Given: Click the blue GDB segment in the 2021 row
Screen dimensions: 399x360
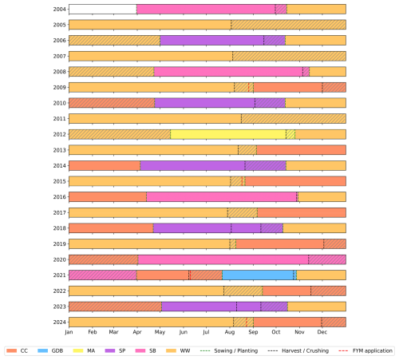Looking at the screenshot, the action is click(x=258, y=275).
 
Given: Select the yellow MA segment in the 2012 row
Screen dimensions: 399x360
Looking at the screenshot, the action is click(x=228, y=134).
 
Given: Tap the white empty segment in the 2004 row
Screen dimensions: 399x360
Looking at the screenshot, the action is click(x=103, y=9).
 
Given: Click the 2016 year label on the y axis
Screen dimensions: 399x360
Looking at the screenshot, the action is click(x=59, y=197).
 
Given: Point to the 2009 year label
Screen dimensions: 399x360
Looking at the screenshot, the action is click(x=59, y=87).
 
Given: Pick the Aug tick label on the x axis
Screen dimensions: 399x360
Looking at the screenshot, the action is click(x=230, y=332).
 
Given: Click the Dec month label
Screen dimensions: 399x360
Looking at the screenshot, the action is click(x=322, y=332).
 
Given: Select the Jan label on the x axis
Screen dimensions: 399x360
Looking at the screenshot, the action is click(x=69, y=332).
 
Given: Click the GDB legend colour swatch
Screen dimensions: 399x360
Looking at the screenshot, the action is click(x=43, y=350).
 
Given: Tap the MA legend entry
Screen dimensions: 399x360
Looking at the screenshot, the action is click(x=84, y=350).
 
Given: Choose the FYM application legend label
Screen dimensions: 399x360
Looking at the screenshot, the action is click(x=373, y=350).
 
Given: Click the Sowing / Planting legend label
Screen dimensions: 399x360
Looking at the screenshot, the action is click(x=236, y=350).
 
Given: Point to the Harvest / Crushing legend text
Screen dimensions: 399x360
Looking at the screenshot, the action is click(x=305, y=350).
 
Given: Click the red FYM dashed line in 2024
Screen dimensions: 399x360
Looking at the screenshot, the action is click(x=247, y=322).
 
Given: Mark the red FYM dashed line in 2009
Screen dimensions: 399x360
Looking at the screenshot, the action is click(x=249, y=87).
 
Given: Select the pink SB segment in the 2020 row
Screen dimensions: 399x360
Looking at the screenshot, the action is click(x=223, y=259).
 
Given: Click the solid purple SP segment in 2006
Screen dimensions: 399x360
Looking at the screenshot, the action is click(x=212, y=41).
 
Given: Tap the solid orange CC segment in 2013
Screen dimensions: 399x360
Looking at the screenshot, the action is click(x=302, y=150).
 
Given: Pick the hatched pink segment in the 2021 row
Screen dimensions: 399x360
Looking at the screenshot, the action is click(x=103, y=275).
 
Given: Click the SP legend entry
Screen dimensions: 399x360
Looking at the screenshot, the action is click(x=115, y=350).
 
